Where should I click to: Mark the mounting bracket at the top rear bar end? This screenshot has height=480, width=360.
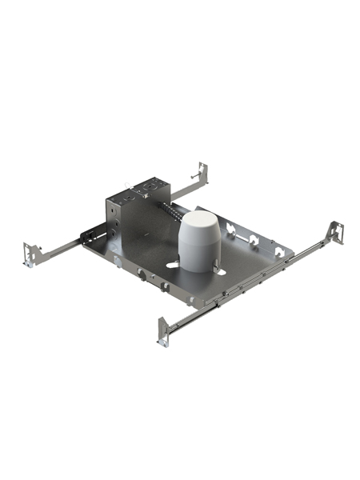pyautogui.click(x=202, y=174)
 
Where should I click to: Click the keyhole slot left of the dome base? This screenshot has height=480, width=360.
pyautogui.click(x=172, y=263)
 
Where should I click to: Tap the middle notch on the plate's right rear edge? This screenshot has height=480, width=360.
pyautogui.click(x=252, y=238)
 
